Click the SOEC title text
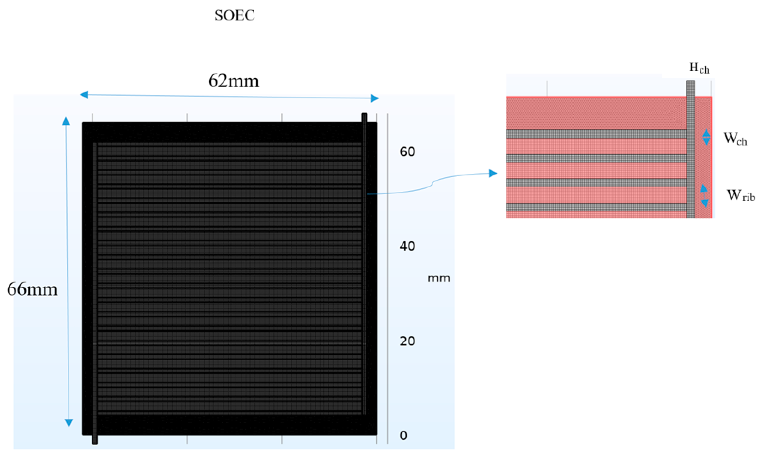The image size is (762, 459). (x=234, y=15)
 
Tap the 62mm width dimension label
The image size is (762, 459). (x=234, y=81)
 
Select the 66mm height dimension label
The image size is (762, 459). (x=32, y=290)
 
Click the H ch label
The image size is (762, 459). (x=699, y=68)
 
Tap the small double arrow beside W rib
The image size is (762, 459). (x=704, y=196)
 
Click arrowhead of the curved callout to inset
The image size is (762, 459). (x=493, y=173)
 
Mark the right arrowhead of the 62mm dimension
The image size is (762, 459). (x=375, y=98)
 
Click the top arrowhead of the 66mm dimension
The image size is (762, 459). (x=66, y=121)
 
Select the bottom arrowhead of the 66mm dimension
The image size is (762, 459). (x=69, y=422)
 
